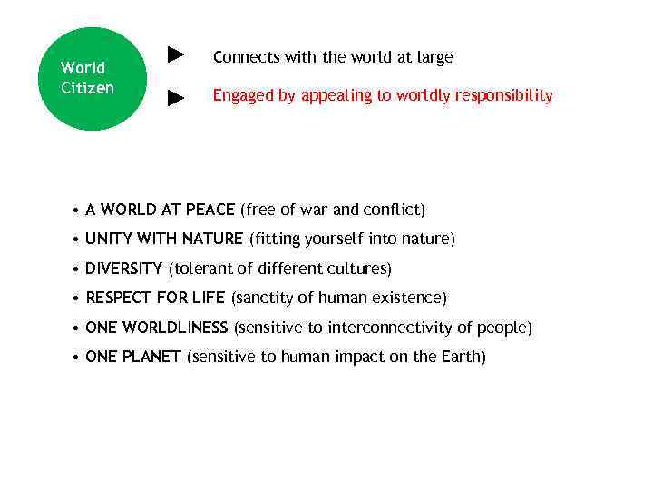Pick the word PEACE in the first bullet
coord(210,210)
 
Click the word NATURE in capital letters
coord(212,239)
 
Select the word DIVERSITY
coord(123,269)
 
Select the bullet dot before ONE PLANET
coord(76,358)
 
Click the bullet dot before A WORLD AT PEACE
coord(76,211)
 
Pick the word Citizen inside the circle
coord(87,88)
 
